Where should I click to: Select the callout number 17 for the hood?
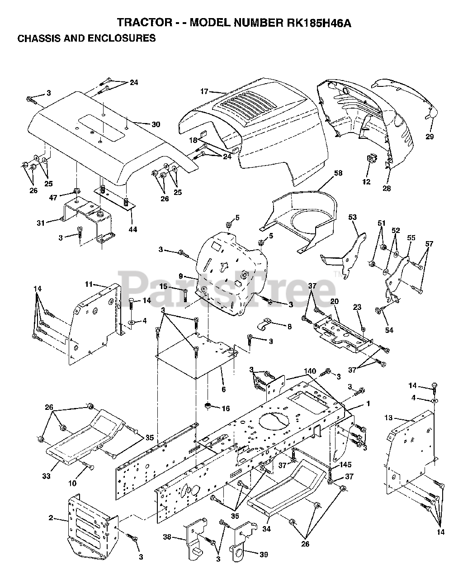pyautogui.click(x=204, y=91)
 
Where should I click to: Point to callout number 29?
pyautogui.click(x=430, y=136)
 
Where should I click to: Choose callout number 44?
pyautogui.click(x=132, y=229)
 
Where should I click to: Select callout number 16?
pyautogui.click(x=226, y=408)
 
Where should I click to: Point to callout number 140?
pyautogui.click(x=310, y=371)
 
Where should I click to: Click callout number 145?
pyautogui.click(x=345, y=465)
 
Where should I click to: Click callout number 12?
pyautogui.click(x=366, y=182)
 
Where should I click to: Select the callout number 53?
pyautogui.click(x=352, y=218)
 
